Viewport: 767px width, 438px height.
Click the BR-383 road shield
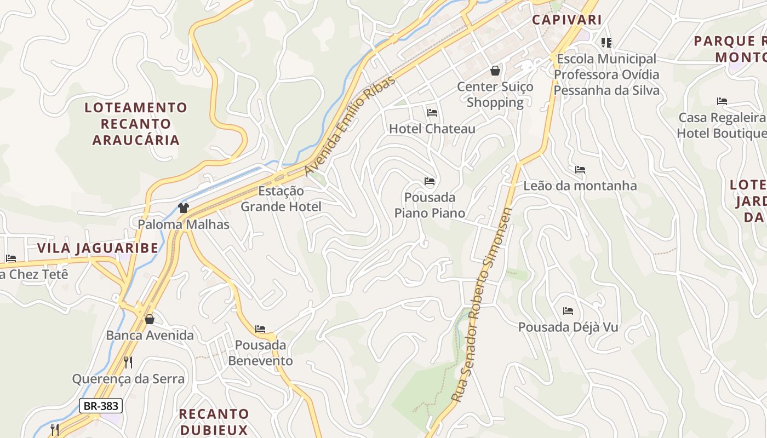click(101, 406)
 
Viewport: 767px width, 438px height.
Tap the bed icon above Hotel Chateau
click(432, 113)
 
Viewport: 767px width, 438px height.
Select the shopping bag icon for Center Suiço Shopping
click(495, 71)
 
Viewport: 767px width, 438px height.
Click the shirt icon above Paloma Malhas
click(184, 208)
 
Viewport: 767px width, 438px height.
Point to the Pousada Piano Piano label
click(430, 205)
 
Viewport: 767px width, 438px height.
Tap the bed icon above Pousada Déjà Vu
click(568, 311)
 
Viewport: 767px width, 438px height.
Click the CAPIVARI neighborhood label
click(567, 20)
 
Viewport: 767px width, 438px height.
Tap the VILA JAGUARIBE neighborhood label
click(98, 248)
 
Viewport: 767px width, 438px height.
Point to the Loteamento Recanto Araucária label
click(136, 124)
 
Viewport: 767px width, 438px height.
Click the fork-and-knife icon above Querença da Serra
click(128, 362)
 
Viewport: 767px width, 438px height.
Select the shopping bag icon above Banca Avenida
click(150, 319)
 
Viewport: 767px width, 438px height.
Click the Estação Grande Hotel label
click(281, 199)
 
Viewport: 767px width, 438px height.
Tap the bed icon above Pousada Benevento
click(260, 329)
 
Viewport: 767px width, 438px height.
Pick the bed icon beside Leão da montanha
click(580, 170)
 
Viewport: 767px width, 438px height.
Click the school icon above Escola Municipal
click(606, 42)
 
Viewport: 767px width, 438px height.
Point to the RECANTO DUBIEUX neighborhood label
click(214, 422)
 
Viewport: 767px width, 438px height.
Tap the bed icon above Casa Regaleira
click(722, 101)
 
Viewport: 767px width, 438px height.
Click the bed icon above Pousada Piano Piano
click(430, 181)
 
